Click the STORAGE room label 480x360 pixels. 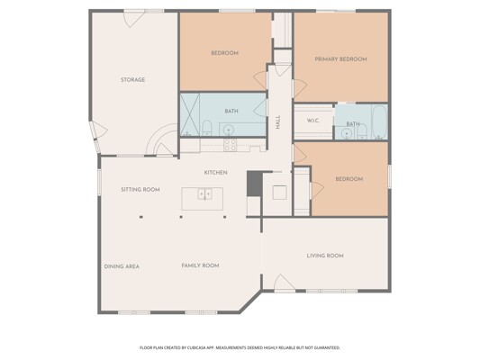point(133,80)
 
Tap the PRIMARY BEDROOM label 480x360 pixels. point(340,59)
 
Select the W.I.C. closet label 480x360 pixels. point(312,121)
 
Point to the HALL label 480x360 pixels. point(278,122)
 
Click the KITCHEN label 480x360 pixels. point(216,173)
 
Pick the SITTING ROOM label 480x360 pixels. point(140,190)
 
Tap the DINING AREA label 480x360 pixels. point(122,266)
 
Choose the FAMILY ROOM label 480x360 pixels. point(200,265)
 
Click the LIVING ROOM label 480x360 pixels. point(325,256)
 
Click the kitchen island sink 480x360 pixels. point(204,193)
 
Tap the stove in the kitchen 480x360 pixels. point(230,145)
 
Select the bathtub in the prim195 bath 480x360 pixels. point(380,122)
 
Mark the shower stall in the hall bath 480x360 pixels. point(190,114)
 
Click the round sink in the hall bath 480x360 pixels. point(228,130)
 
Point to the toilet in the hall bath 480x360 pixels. point(207,128)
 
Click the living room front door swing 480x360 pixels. point(284,282)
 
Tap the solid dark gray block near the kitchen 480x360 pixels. point(255,184)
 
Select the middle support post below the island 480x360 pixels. point(181,217)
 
